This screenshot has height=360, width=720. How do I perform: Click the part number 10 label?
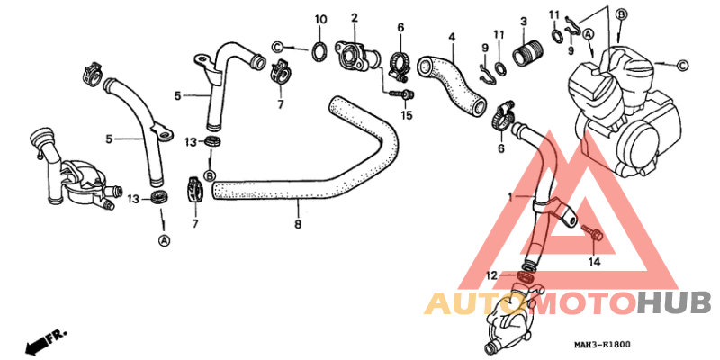coord(320,19)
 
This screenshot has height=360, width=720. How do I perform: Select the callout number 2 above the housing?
coord(355,18)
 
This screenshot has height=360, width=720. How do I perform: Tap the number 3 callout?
coord(524,22)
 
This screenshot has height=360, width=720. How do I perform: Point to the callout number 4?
coord(452,36)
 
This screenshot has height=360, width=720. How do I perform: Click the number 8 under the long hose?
coord(298,224)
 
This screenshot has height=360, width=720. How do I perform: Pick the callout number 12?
coord(491,275)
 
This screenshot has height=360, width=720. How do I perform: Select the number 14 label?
coord(594,262)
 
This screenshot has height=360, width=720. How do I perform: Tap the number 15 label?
coord(406,115)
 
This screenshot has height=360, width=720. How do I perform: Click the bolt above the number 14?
coord(591,233)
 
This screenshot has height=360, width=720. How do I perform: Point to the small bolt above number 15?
coord(402,94)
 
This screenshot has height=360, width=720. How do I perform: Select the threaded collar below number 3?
coord(528,54)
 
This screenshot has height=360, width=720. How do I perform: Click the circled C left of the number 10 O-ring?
coord(277,47)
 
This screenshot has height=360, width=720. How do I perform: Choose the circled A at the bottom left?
coord(164,239)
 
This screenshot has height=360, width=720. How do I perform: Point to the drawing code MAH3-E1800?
coord(602,345)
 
